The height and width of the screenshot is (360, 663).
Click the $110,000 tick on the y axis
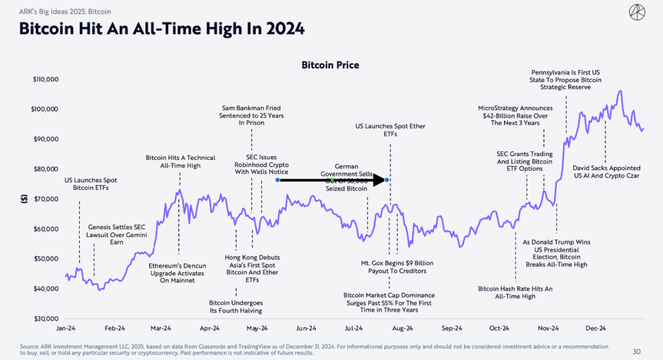[45, 79]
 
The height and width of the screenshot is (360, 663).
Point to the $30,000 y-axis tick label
[45, 319]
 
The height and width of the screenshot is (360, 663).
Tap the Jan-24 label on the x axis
[66, 328]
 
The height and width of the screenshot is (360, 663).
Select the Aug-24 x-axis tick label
[403, 328]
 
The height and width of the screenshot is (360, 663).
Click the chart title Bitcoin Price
[330, 65]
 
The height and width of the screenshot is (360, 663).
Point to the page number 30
[637, 351]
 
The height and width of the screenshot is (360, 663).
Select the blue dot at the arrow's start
[277, 180]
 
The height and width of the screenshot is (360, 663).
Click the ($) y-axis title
[24, 199]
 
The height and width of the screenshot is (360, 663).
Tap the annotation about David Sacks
[607, 172]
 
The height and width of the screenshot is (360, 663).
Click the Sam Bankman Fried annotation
[251, 115]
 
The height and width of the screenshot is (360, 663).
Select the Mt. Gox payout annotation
[397, 267]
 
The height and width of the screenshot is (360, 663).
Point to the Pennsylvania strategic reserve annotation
[565, 80]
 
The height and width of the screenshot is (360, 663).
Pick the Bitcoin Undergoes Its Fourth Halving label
[236, 307]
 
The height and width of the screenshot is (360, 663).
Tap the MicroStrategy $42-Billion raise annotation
[515, 115]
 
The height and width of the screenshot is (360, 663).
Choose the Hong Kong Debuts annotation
[252, 268]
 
